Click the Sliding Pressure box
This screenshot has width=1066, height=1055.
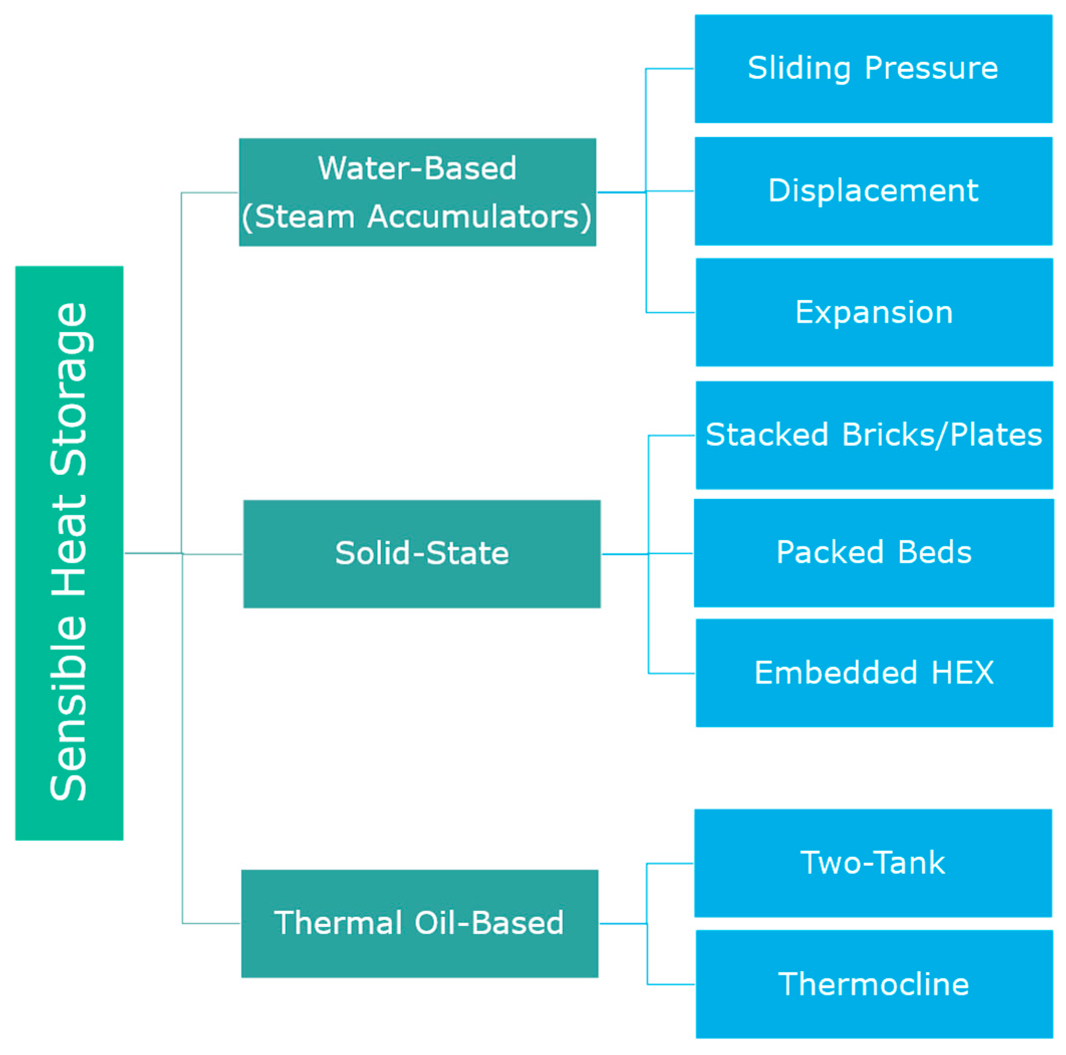tap(873, 69)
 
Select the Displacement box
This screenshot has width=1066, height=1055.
tap(873, 191)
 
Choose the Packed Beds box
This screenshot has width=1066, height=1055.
tap(874, 553)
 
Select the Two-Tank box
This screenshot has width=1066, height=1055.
tap(873, 863)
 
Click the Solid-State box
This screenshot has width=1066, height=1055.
tap(422, 554)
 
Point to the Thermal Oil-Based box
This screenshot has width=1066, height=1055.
tap(420, 923)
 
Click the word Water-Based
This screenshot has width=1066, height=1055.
tap(417, 168)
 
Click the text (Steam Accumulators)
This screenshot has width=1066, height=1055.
tap(417, 216)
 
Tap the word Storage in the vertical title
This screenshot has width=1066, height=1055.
tap(70, 388)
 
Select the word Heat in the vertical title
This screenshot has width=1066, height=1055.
tap(70, 545)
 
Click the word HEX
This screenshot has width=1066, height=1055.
tap(962, 673)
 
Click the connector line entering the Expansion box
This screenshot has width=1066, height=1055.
tap(670, 312)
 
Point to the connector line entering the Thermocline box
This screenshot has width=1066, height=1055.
tap(671, 984)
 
